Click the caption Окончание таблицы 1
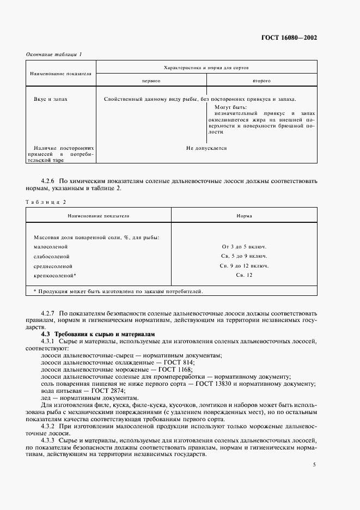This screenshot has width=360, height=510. [x=53, y=54]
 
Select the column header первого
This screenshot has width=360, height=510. [x=150, y=80]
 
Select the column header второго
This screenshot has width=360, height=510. [x=261, y=80]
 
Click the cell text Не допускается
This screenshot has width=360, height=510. [x=206, y=148]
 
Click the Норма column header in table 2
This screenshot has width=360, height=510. [x=243, y=216]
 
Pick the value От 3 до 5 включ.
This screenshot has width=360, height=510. [x=243, y=246]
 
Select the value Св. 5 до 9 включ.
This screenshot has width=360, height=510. [x=243, y=256]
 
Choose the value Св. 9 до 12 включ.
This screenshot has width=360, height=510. [x=243, y=266]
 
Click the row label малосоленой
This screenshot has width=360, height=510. [x=50, y=246]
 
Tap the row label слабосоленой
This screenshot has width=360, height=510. [x=51, y=256]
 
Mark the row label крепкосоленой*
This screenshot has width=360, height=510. [x=54, y=276]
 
